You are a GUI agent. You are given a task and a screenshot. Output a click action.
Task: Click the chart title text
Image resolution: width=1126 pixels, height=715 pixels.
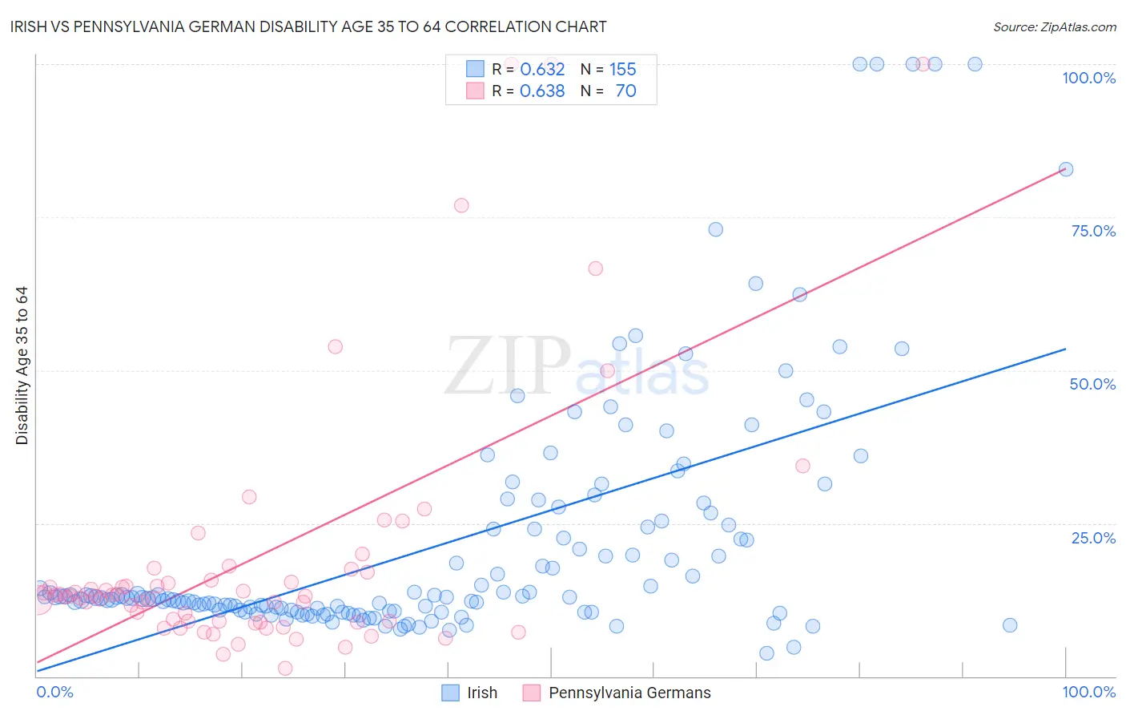308,26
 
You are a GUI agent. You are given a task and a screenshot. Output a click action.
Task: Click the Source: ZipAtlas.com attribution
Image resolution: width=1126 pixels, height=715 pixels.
1054,26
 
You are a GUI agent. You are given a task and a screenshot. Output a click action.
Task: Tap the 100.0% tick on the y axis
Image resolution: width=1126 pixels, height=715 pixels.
1088,78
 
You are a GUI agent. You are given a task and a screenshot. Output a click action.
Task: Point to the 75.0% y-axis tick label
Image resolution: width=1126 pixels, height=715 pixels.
1093,231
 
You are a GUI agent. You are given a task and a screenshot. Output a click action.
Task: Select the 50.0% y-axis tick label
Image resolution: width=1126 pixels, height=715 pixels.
1092,384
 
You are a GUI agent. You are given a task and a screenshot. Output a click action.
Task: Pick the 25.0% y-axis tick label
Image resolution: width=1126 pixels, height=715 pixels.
1093,538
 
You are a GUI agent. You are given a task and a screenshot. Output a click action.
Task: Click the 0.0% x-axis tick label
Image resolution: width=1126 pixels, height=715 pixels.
54,692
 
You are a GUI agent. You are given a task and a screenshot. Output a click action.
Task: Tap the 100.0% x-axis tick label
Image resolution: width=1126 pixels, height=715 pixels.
1088,692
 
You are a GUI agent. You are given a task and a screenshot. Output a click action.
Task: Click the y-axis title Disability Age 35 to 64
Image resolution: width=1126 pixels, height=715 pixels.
22,366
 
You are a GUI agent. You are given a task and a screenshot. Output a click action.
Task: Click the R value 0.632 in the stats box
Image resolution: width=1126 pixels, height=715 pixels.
542,70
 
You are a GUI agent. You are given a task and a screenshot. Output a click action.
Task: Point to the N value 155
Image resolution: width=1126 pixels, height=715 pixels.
622,70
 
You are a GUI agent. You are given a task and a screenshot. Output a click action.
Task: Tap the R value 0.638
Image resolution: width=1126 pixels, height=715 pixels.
542,91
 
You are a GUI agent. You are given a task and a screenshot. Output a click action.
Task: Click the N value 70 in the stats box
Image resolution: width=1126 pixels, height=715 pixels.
625,91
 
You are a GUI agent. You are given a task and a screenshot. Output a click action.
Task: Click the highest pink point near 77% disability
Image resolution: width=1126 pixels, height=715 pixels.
461,205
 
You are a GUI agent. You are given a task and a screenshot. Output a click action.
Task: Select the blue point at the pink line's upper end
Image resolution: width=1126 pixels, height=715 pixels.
1066,169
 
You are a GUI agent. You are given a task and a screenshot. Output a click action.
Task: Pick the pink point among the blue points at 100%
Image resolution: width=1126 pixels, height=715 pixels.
923,64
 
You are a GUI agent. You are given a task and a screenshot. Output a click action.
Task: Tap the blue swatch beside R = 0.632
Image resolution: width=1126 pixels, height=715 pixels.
475,69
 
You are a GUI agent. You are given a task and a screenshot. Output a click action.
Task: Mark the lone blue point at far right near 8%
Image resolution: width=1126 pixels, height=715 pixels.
1010,625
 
